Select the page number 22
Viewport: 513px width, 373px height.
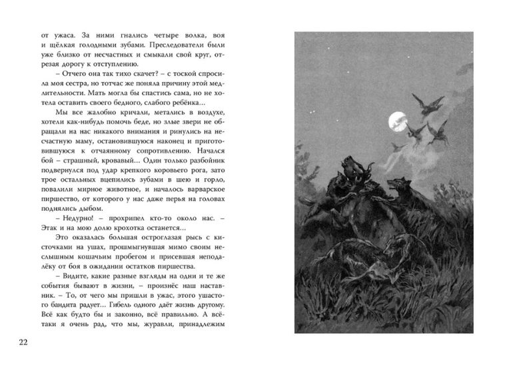[x=23, y=343]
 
